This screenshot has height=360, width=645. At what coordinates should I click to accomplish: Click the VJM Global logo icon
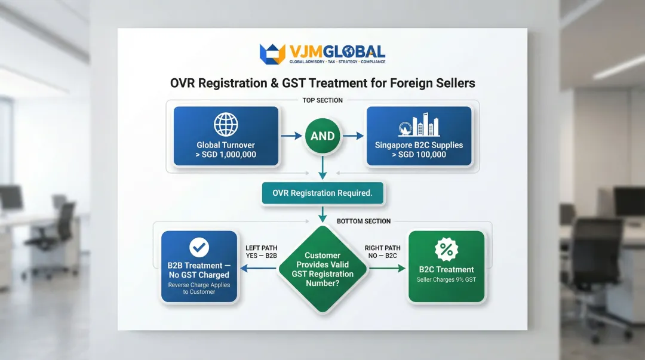[x=272, y=54]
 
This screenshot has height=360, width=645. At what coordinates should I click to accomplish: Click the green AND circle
[x=322, y=136]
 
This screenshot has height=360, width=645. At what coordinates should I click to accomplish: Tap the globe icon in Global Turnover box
[x=226, y=125]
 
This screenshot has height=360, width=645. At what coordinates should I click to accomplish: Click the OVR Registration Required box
[x=322, y=193]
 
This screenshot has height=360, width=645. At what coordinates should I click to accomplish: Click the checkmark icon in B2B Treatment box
[x=198, y=247]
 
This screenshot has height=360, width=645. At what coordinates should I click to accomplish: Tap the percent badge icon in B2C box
[x=446, y=249]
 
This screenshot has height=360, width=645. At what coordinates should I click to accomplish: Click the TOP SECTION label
[x=322, y=100]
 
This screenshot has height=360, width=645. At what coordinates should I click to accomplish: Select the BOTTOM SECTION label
[x=364, y=221]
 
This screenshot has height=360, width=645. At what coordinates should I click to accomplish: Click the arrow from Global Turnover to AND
[x=291, y=136]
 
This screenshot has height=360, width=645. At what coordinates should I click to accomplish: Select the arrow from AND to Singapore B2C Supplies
[x=354, y=136]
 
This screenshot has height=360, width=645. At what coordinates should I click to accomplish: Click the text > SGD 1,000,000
[x=226, y=155]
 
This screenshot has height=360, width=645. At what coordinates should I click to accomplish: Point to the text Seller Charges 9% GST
[x=446, y=279]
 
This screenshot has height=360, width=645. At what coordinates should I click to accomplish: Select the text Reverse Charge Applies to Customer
[x=198, y=288]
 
